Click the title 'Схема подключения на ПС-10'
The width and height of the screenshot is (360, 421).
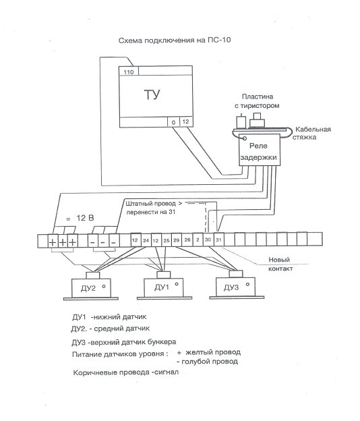point(175,40)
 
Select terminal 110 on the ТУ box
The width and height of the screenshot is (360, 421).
point(129,72)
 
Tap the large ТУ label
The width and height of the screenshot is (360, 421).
point(152,94)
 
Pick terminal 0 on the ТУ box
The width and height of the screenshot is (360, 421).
point(173,122)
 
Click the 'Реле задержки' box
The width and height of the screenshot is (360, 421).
point(260,150)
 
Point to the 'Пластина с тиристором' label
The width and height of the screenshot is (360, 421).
point(257,101)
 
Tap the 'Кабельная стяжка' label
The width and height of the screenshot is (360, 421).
point(311,133)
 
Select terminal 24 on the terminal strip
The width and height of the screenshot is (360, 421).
point(146,240)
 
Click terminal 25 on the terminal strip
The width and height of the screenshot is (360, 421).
point(167,240)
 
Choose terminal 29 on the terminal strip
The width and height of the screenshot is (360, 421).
point(176,240)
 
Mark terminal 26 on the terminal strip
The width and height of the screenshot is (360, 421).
point(187,240)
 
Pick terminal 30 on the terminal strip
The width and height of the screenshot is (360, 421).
point(208,240)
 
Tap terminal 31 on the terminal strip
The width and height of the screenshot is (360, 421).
point(218,240)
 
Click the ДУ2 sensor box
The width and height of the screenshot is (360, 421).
point(91,288)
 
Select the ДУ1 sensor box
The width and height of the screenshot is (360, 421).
point(164,287)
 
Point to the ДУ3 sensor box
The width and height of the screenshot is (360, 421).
point(236,287)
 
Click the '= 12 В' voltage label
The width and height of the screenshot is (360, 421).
point(80,218)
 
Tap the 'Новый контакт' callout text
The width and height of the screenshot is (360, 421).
point(280,264)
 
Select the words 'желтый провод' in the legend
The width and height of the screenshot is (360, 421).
point(213,352)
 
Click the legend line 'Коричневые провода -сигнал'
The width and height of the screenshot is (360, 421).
point(126,372)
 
